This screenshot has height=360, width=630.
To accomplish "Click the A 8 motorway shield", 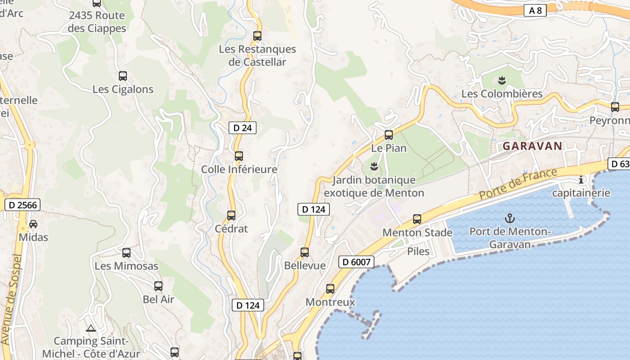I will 535,11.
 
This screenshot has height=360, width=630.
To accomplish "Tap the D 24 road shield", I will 242,128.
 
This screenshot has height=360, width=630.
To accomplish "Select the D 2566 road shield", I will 22,205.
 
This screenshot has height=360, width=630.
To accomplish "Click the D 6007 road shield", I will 356,262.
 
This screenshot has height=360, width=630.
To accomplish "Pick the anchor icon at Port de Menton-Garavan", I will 509,219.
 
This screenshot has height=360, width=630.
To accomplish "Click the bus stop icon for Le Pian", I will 388,135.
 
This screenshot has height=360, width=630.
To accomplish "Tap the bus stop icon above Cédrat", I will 231,216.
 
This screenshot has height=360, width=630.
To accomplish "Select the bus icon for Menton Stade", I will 417,219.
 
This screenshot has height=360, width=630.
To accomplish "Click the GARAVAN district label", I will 532,146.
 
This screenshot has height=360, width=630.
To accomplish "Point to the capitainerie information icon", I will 581,180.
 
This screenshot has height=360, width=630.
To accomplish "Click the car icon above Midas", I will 33,224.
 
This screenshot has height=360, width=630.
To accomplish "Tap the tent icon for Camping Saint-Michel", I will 91,328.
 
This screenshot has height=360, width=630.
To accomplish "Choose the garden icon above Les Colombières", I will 502,81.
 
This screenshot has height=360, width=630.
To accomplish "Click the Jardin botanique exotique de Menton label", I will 373,186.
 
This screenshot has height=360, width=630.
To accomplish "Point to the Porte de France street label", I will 518,184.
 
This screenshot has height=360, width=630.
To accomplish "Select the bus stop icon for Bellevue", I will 305,252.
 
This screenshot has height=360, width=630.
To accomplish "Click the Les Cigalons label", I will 123,89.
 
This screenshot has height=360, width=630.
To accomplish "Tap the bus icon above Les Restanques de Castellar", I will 257,36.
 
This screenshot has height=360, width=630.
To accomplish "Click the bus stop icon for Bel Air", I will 158,286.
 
